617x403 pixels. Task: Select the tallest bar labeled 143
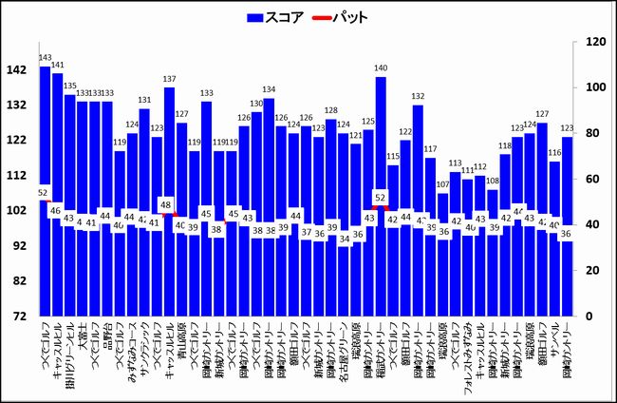pos(46,190)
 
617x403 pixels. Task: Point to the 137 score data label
pos(169,80)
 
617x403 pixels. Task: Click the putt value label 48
pos(165,204)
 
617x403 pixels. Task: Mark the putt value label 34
pos(344,240)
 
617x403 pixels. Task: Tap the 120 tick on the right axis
pos(596,42)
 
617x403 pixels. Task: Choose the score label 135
pos(70,86)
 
